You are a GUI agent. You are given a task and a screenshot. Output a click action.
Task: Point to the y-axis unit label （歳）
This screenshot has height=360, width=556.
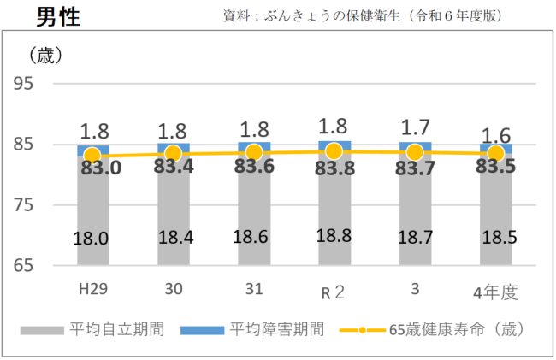(x=46, y=56)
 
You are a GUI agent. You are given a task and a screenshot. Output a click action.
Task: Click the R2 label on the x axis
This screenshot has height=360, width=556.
(x=334, y=292)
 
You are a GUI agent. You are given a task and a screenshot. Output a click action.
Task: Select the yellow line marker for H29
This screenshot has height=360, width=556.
(x=92, y=156)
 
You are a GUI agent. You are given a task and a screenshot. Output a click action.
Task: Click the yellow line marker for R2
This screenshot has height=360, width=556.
(x=334, y=151)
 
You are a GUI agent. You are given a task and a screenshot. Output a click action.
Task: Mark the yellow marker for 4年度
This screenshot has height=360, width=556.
(x=494, y=153)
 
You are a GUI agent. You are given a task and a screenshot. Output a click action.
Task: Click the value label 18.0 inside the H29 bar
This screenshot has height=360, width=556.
(x=92, y=239)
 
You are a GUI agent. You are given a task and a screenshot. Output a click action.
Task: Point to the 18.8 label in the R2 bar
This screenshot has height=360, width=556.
(x=334, y=236)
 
